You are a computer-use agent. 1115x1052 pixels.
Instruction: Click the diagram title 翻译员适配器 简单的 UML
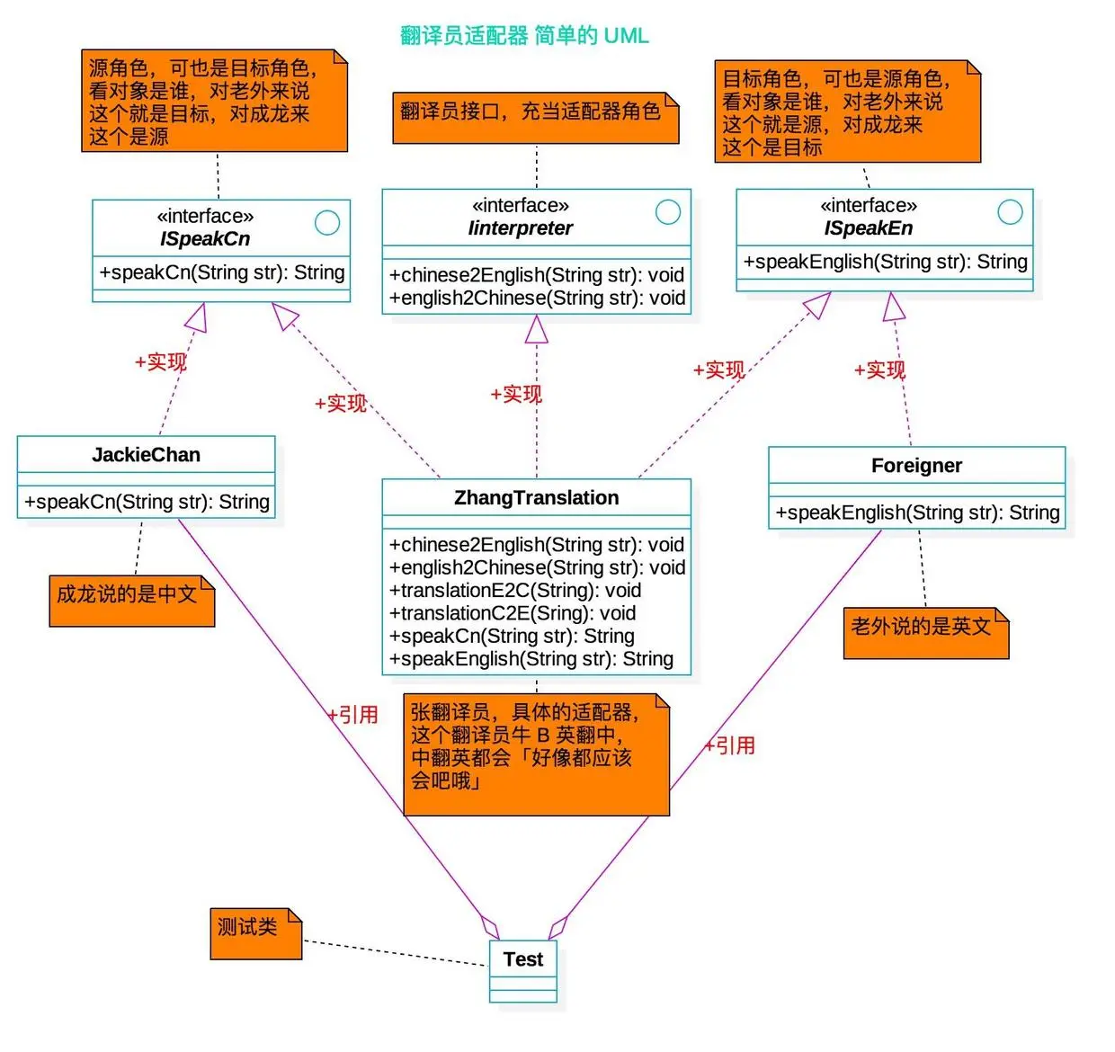(x=523, y=36)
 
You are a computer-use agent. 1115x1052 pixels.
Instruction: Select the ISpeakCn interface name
(x=205, y=239)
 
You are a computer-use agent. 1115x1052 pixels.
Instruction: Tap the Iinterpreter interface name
(x=520, y=228)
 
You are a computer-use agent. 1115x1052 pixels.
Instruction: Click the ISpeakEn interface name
(x=868, y=228)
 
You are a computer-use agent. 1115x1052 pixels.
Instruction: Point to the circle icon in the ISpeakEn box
(x=1010, y=212)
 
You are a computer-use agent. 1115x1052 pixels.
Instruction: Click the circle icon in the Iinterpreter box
(x=667, y=212)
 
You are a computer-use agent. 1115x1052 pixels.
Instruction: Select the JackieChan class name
(x=146, y=455)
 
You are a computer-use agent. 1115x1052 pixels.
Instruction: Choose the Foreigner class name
(x=916, y=466)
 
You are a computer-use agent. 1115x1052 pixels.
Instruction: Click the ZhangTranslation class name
(x=536, y=498)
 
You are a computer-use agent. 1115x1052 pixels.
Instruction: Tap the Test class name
(x=523, y=959)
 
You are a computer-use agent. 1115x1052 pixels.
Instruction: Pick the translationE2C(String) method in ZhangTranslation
(x=514, y=591)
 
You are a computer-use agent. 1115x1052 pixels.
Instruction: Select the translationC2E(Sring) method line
(x=512, y=613)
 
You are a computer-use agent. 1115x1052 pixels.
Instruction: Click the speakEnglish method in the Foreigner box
(x=917, y=513)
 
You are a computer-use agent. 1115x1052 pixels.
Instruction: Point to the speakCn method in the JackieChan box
(x=147, y=502)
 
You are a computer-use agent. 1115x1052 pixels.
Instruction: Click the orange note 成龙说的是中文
(x=130, y=600)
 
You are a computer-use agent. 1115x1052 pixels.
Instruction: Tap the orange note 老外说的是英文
(x=924, y=631)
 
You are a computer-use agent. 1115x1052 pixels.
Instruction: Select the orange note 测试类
(x=254, y=932)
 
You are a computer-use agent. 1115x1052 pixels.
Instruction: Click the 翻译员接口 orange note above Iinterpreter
(x=534, y=116)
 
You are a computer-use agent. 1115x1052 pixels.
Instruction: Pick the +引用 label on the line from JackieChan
(x=353, y=715)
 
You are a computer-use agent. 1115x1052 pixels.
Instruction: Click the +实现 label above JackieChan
(x=161, y=362)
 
